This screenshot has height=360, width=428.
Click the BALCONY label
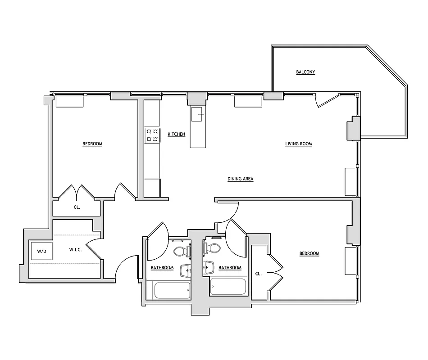(x=305, y=72)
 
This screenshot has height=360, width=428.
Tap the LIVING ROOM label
(x=298, y=144)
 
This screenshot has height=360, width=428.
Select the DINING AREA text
(x=240, y=179)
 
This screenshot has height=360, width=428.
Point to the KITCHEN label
(x=176, y=134)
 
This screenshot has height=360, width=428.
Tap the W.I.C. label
(x=75, y=250)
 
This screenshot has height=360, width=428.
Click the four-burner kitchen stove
(x=152, y=135)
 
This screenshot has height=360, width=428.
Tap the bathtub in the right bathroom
(x=228, y=287)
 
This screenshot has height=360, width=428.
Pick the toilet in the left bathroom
(x=180, y=250)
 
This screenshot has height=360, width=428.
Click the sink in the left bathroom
(x=186, y=270)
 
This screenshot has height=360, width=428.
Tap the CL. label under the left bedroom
(x=77, y=207)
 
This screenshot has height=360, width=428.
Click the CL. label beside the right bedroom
(x=258, y=273)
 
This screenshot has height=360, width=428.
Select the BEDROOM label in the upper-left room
(x=92, y=144)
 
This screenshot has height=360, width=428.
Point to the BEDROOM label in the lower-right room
(x=309, y=253)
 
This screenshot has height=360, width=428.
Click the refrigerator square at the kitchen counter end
(x=152, y=187)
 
